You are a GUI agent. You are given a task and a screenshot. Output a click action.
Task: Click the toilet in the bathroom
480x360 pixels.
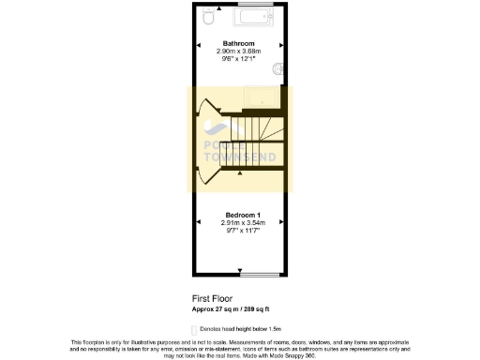pyautogui.click(x=208, y=17)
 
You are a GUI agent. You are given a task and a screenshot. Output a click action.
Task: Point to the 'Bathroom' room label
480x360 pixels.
pyautogui.click(x=239, y=42)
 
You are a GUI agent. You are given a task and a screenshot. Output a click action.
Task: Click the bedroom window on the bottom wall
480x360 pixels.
pyautogui.click(x=257, y=276)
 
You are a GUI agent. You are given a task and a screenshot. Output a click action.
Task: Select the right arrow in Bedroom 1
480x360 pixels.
pyautogui.click(x=282, y=220)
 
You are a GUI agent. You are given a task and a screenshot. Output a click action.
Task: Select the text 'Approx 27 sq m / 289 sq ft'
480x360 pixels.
pyautogui.click(x=232, y=308)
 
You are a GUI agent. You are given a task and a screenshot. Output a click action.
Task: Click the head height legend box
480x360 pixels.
pyautogui.click(x=194, y=329)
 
